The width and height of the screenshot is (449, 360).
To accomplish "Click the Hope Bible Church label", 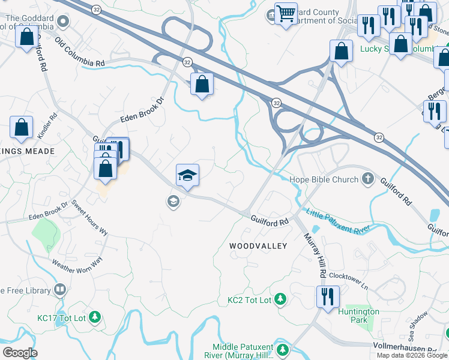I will coord(324,179).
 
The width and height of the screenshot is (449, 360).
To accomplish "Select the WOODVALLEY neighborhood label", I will coord(258,246).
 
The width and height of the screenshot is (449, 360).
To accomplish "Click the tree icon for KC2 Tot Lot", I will coord(280,299).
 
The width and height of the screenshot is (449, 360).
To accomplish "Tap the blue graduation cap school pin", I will coord(187,175).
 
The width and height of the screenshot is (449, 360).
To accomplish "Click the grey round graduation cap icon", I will coord(173,201).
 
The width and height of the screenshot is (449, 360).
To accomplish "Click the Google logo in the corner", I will coord(20,353).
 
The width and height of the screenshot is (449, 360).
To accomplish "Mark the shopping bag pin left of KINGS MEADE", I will coord(22,128).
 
